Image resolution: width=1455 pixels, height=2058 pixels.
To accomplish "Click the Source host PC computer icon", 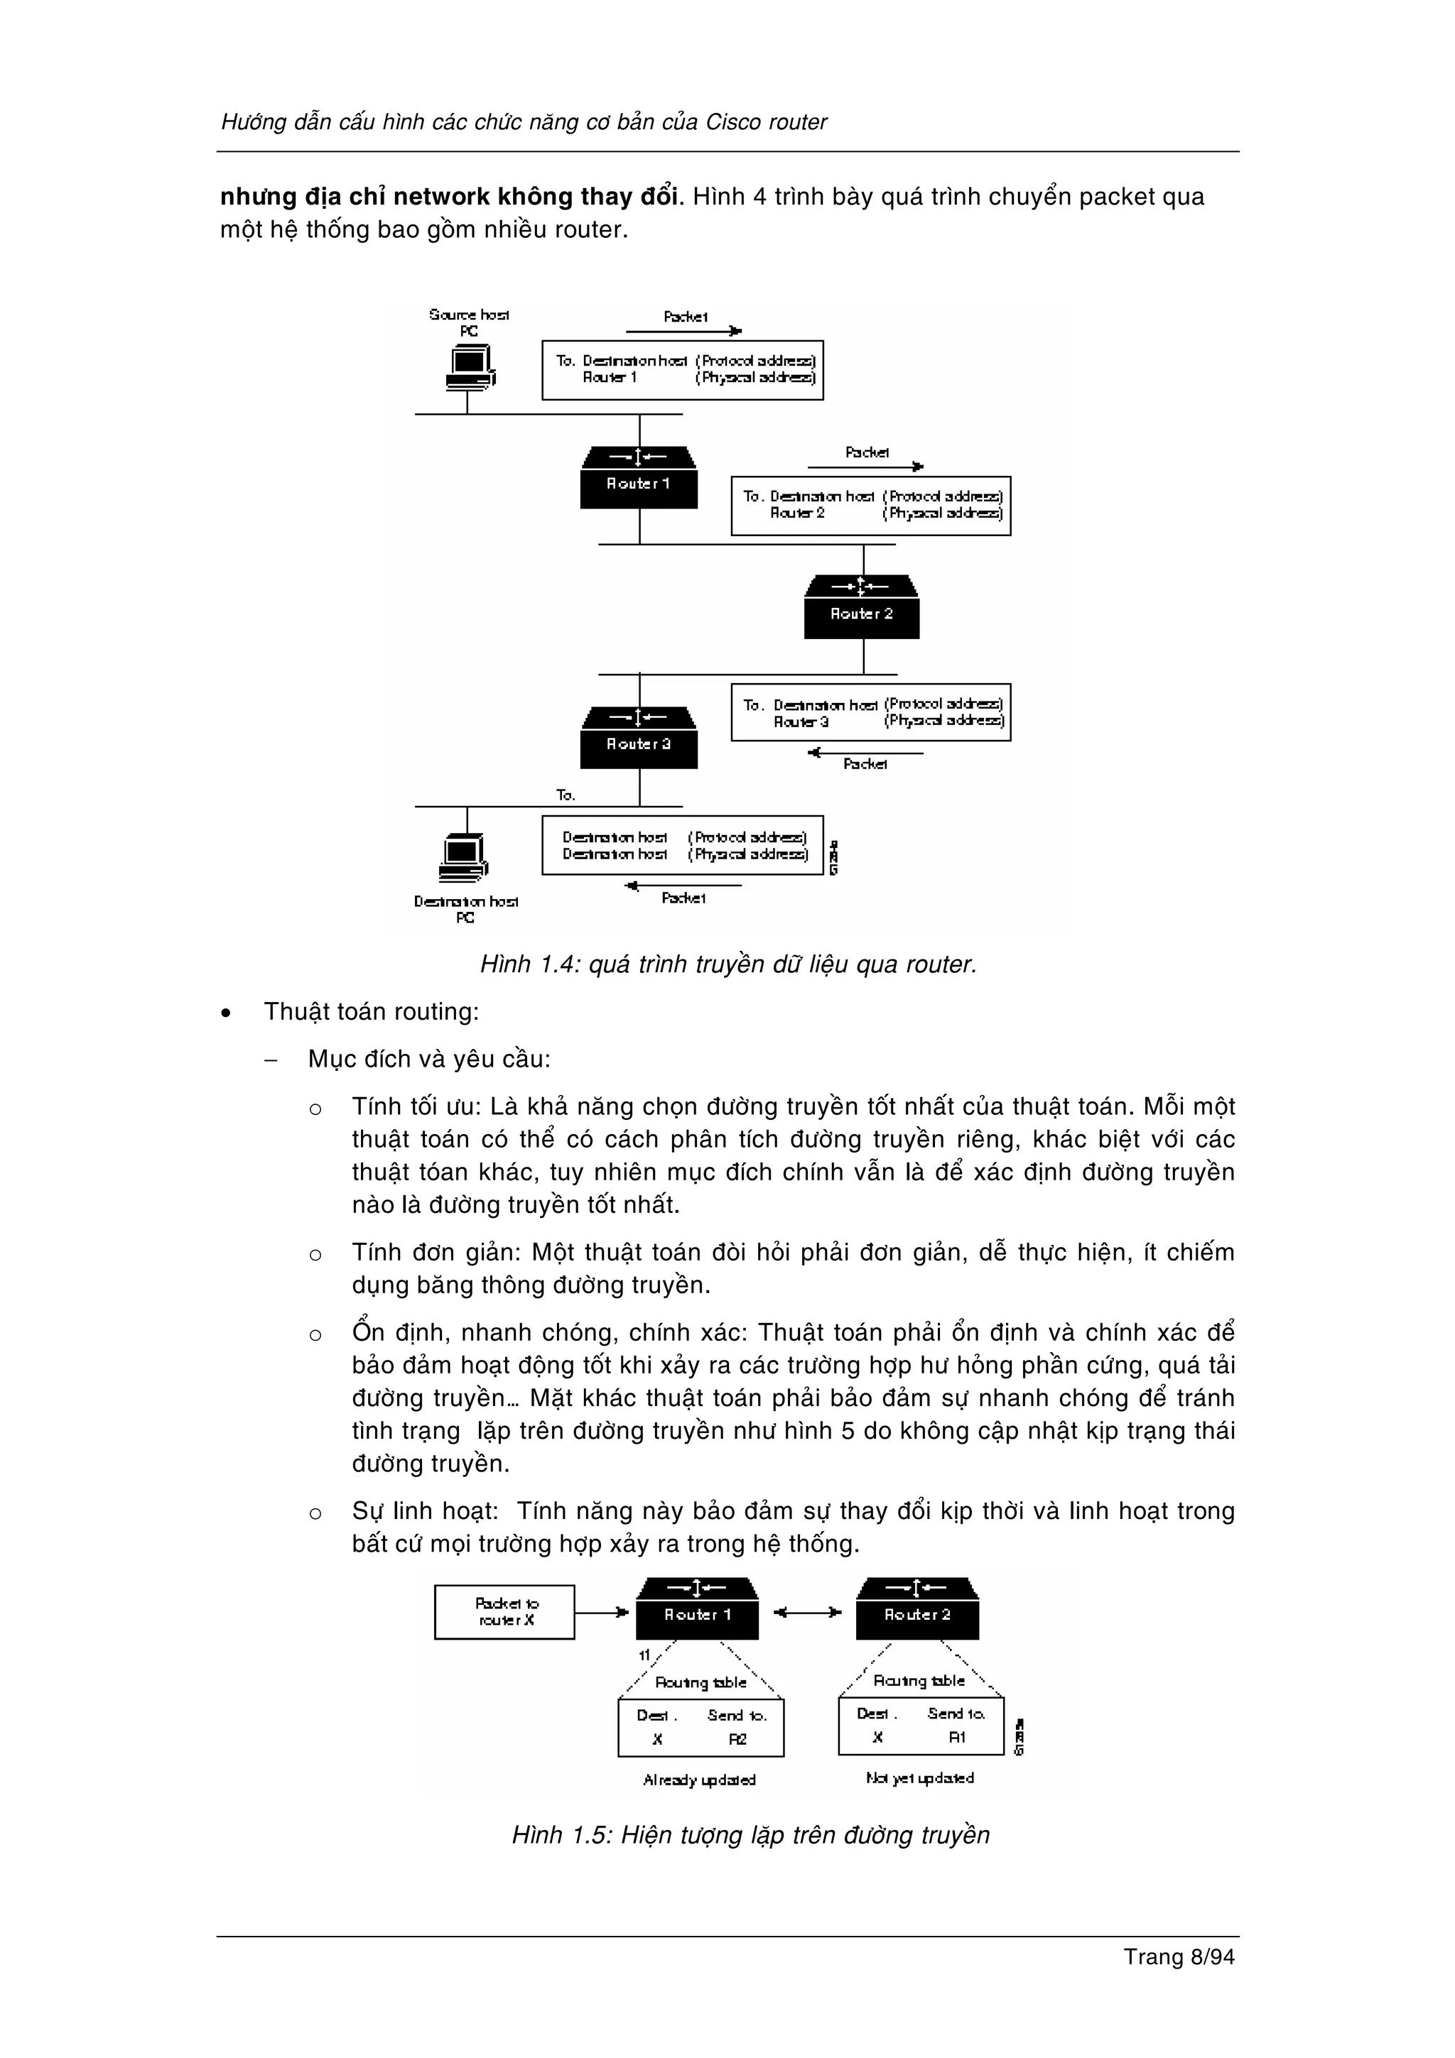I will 470,368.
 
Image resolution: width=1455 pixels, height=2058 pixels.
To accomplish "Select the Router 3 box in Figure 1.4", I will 638,738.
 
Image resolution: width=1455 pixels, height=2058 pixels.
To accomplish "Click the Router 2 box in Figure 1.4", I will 862,608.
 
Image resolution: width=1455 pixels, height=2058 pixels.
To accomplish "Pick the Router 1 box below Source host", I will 638,478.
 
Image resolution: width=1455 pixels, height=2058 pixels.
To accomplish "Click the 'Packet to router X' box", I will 504,1611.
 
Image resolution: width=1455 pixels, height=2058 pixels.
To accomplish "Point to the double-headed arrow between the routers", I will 807,1613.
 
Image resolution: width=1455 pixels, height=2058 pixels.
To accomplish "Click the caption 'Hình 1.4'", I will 531,964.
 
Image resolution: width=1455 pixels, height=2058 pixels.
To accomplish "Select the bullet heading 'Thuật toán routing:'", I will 371,1012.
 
